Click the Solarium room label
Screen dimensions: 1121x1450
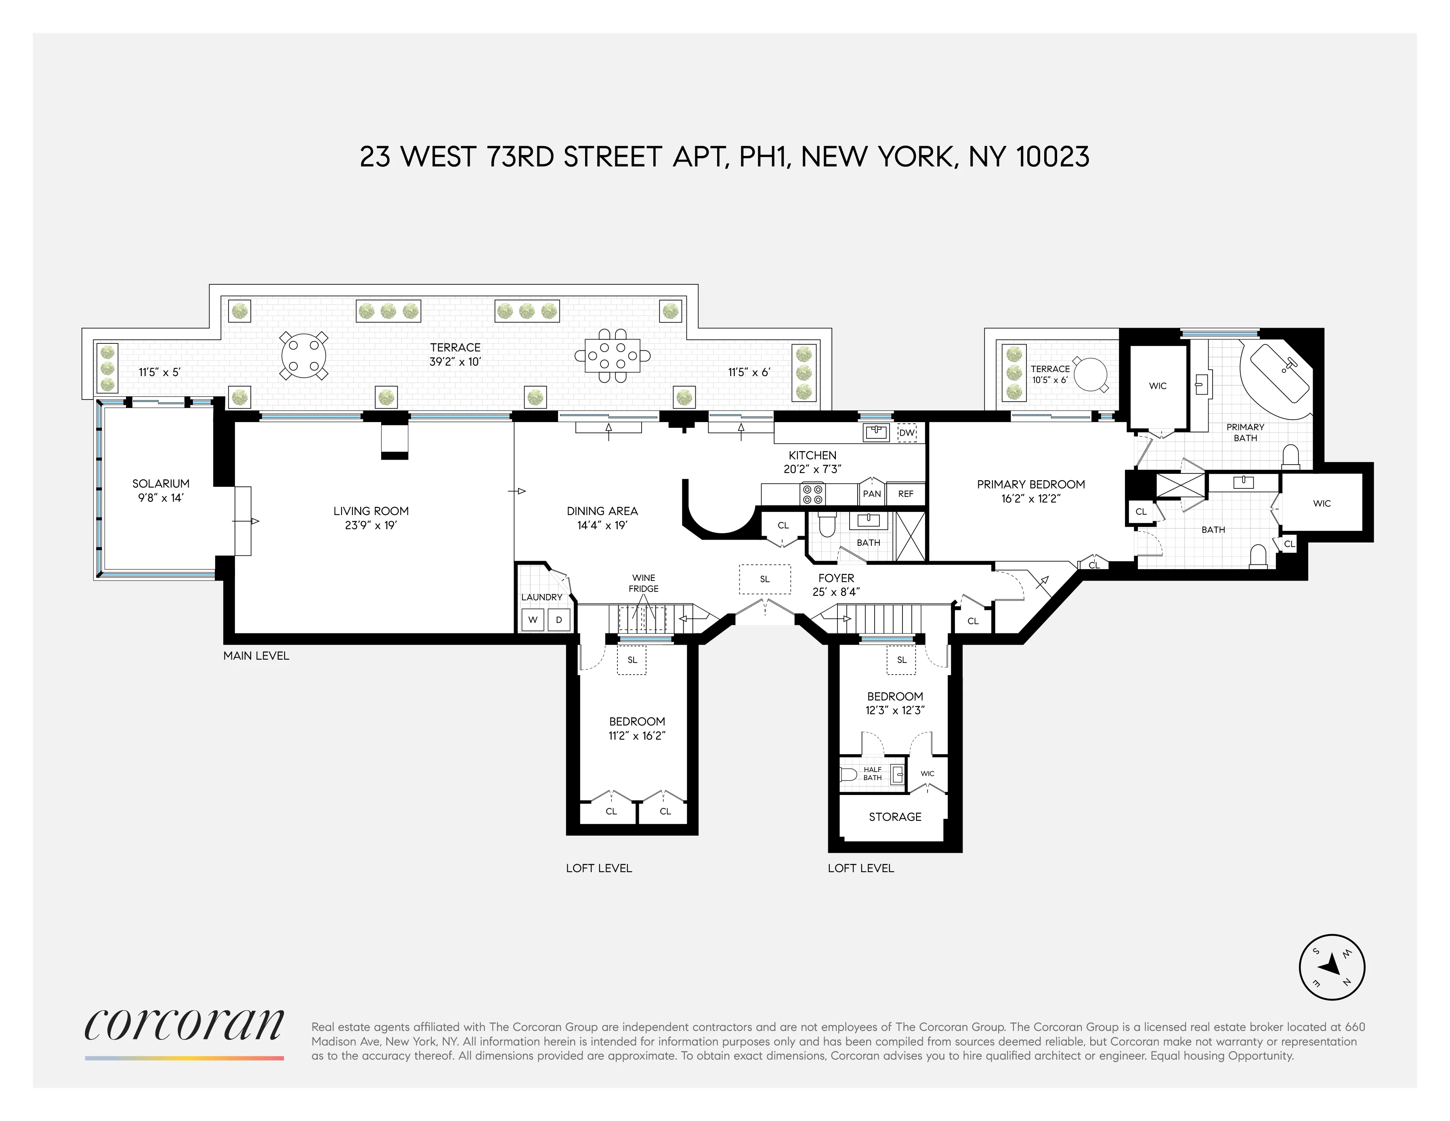point(161,484)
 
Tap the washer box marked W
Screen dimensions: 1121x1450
point(533,620)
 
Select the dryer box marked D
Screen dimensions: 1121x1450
point(559,620)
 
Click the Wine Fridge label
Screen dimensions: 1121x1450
point(643,583)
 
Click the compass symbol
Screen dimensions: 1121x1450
point(1331,967)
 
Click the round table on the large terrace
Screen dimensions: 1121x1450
point(303,356)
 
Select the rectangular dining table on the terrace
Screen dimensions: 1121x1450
point(612,356)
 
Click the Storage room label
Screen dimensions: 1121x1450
point(895,817)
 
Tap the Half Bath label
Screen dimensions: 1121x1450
point(873,774)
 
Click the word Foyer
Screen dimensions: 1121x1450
point(836,578)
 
